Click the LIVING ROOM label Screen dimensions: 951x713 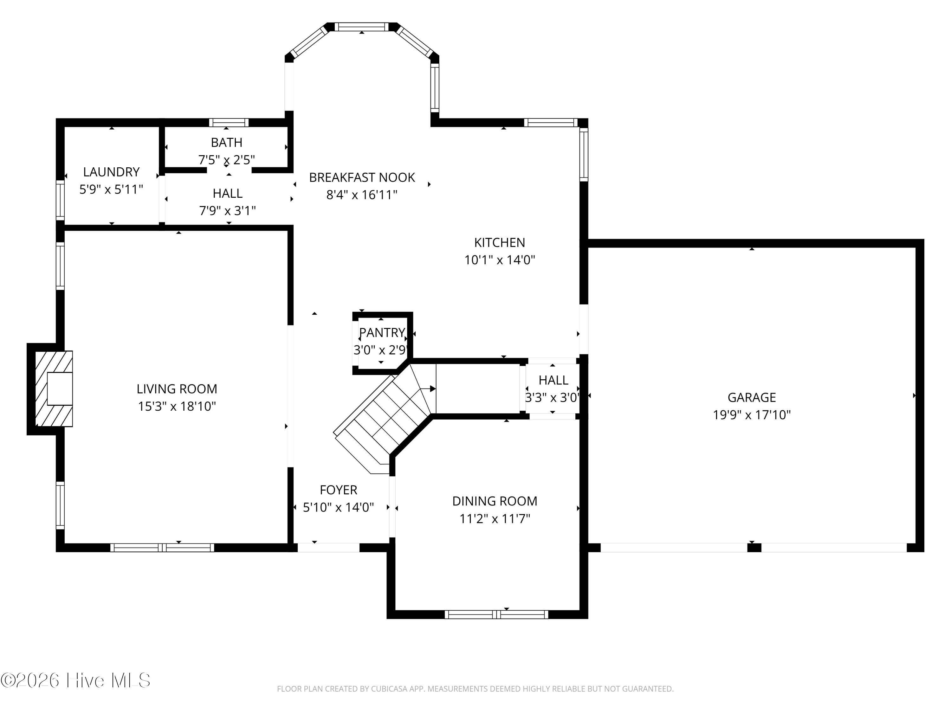click(177, 389)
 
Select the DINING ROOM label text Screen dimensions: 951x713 click(495, 501)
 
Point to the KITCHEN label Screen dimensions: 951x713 click(500, 242)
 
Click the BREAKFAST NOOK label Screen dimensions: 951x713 click(362, 177)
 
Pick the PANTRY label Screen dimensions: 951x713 click(382, 333)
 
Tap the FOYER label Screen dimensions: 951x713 click(338, 490)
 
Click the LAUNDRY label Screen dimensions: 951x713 click(111, 172)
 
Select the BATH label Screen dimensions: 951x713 click(227, 142)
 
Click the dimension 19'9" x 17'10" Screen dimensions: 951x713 click(752, 415)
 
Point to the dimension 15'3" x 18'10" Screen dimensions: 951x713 click(177, 406)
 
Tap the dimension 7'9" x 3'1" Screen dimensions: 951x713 click(227, 211)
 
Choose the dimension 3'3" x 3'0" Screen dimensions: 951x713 click(553, 398)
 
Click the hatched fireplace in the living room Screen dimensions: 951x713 click(54, 389)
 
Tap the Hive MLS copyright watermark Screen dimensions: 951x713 click(76, 680)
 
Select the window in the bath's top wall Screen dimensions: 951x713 click(229, 123)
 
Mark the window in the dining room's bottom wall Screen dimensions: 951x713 click(496, 614)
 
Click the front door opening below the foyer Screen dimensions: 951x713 click(328, 548)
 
